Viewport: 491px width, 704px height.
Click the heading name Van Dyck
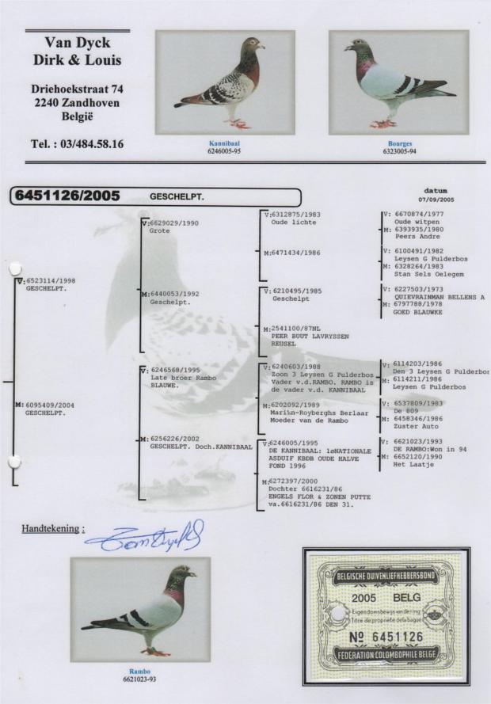coord(77,43)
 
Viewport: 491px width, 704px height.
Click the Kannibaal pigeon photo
coord(225,82)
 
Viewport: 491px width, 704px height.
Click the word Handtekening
coord(51,527)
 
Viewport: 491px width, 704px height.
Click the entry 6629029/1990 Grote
coord(170,227)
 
